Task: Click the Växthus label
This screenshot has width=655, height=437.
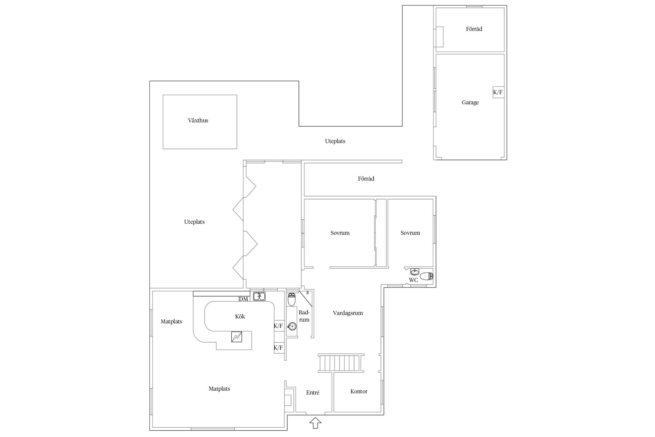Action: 198,120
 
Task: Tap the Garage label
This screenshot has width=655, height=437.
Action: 470,102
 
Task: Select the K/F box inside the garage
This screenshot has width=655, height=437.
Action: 498,92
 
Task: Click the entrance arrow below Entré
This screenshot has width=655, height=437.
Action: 315,423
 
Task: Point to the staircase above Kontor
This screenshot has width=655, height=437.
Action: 341,363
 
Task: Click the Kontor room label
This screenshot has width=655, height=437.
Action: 359,391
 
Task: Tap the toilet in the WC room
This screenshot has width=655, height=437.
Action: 426,276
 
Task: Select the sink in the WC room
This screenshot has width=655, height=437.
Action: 415,272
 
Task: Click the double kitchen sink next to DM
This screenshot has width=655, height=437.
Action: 259,296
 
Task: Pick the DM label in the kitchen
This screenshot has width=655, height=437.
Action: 243,299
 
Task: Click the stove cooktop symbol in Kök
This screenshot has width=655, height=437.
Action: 236,337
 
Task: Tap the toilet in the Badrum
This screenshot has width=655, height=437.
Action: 292,299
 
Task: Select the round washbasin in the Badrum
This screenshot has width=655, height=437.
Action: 292,327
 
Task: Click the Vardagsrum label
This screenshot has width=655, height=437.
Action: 348,313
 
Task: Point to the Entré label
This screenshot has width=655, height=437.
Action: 313,392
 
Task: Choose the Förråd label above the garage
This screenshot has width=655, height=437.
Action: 474,29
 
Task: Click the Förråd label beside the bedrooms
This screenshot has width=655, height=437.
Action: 366,179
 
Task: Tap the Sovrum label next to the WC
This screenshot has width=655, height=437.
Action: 410,233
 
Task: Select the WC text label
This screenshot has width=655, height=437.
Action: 413,280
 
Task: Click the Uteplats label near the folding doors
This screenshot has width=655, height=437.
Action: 194,222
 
